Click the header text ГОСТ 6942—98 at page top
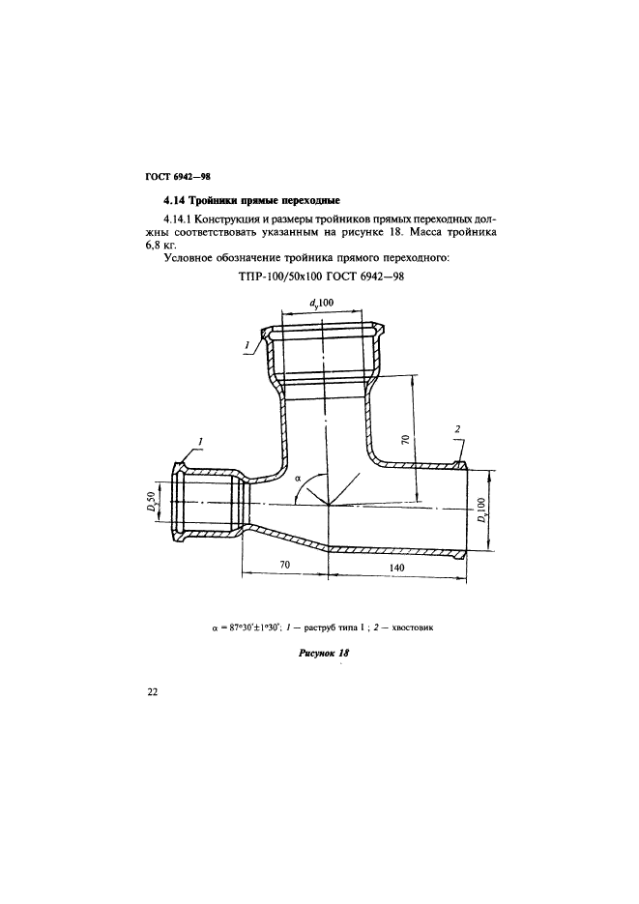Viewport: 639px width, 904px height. click(177, 177)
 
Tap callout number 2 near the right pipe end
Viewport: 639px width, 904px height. click(457, 428)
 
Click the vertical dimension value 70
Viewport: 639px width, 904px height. click(406, 441)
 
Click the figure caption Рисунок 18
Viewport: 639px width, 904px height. click(322, 654)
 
